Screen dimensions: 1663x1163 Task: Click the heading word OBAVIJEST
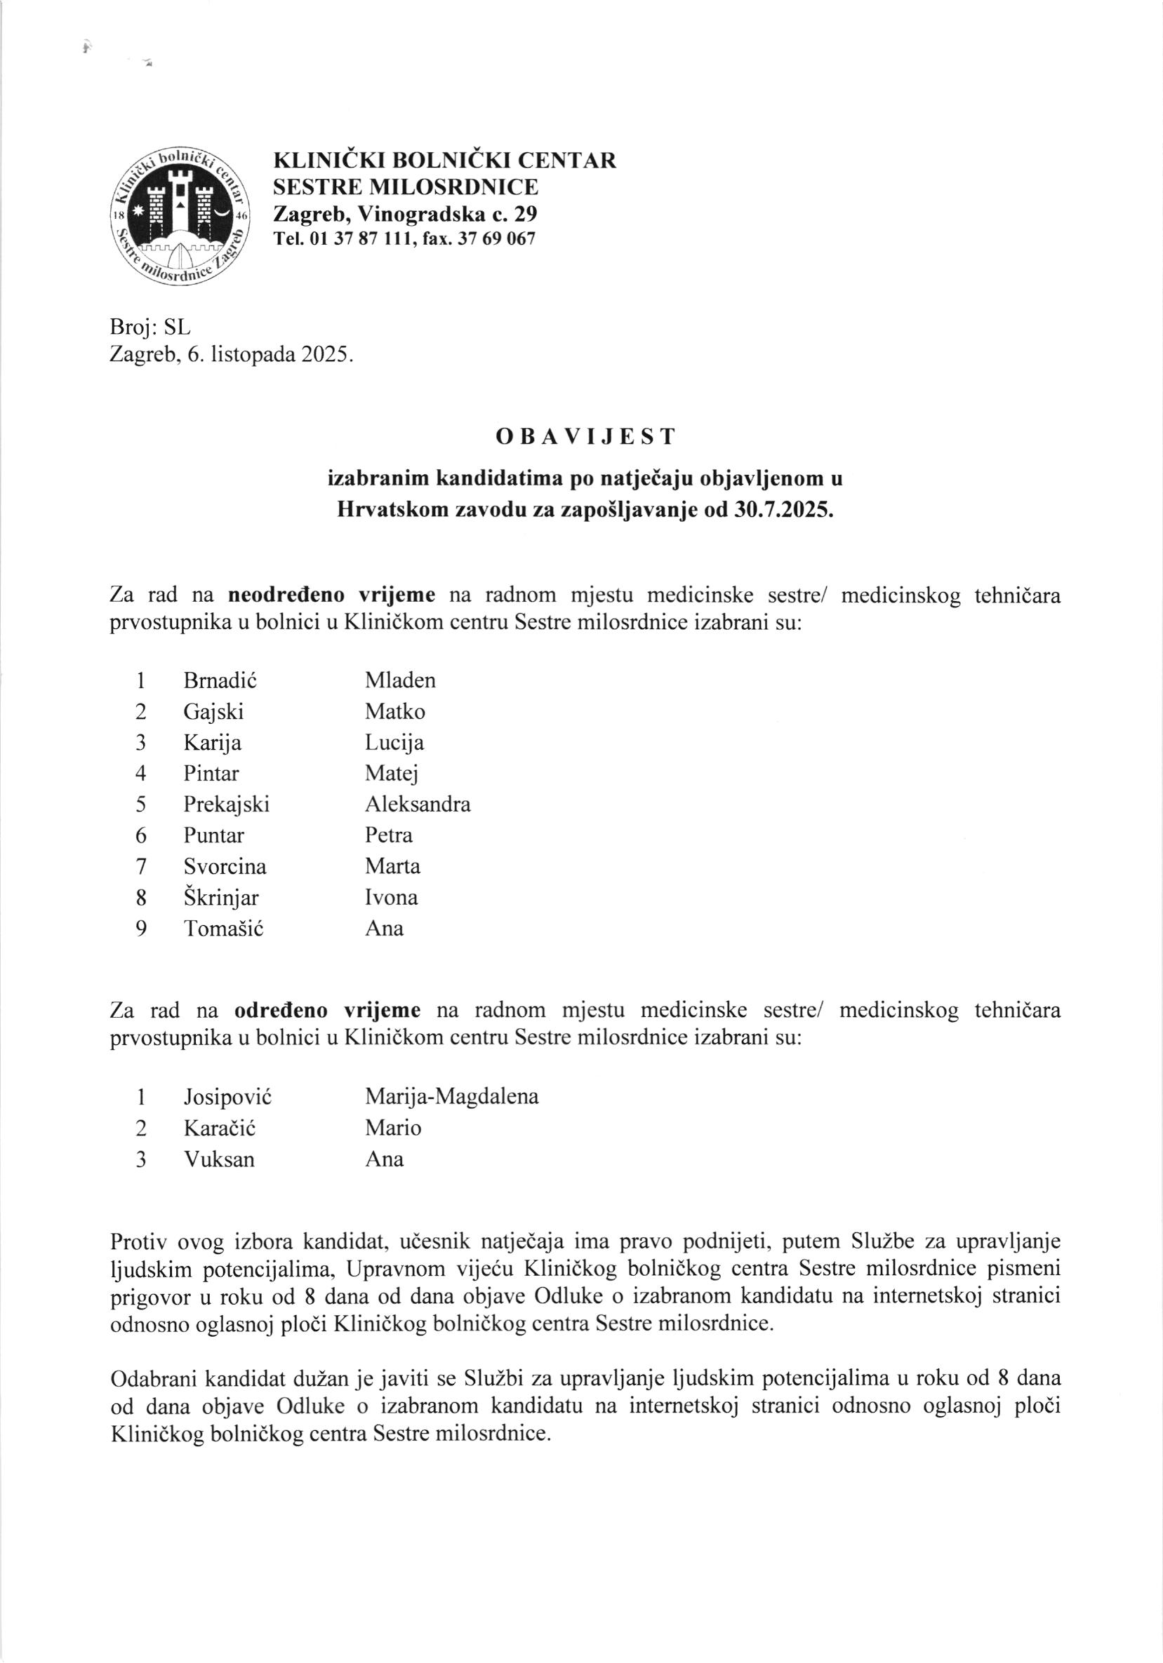point(585,437)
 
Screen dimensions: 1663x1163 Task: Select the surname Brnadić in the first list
point(220,681)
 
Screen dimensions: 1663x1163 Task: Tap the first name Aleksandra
point(418,804)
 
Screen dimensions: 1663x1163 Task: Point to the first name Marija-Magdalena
point(451,1096)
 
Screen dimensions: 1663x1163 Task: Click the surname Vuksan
point(219,1159)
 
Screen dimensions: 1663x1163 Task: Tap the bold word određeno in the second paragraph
point(281,1011)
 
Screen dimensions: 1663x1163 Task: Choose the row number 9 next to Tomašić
point(141,929)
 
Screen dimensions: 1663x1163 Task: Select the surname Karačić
point(220,1129)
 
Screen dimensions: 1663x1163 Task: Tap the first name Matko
point(395,712)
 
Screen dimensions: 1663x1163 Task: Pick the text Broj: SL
point(150,328)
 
